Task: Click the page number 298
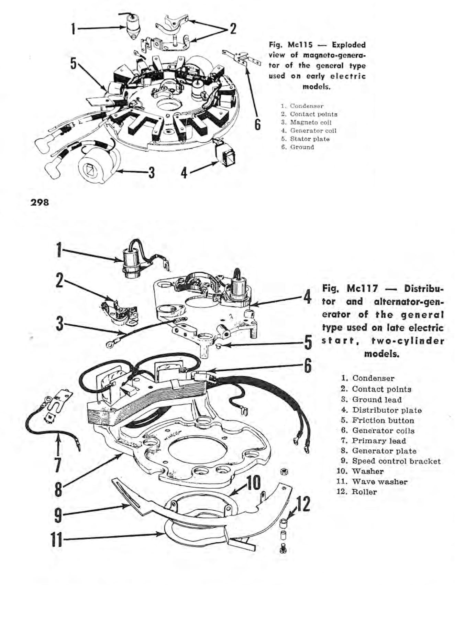coord(40,202)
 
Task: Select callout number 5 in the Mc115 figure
coord(73,63)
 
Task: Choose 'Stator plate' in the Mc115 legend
coord(310,139)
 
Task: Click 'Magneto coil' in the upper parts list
coord(311,122)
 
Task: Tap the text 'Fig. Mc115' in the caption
coord(291,45)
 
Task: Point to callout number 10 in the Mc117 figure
coord(253,483)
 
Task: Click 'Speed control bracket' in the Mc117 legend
coord(396,461)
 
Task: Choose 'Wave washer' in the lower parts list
coord(379,482)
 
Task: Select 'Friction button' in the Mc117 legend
coord(383,420)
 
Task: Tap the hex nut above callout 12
coord(284,471)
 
